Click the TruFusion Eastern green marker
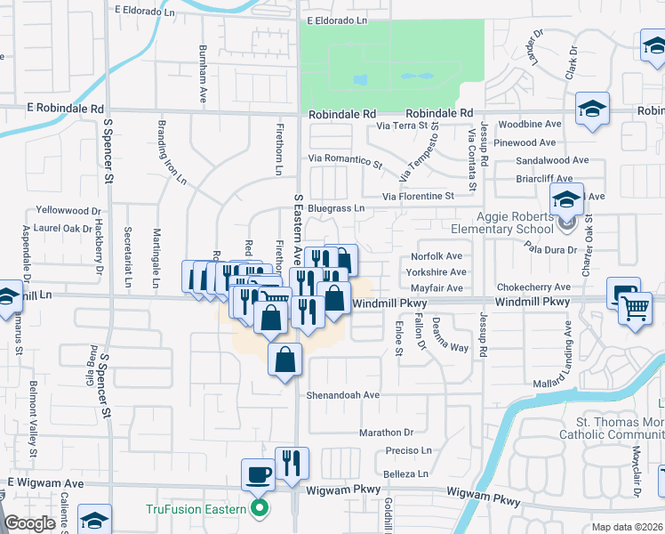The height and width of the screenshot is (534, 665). click(260, 510)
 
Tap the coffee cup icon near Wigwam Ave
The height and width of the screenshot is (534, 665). click(259, 474)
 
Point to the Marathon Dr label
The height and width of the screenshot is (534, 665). click(387, 433)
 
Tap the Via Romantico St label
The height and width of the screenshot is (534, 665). click(345, 161)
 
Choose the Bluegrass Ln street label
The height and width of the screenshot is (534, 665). click(335, 208)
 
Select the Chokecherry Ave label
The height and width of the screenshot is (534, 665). click(534, 287)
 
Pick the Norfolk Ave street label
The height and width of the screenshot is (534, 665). click(437, 256)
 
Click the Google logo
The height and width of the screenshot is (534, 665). click(29, 523)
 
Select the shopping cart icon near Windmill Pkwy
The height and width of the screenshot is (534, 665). click(635, 308)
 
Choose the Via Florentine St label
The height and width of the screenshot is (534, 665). click(418, 196)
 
